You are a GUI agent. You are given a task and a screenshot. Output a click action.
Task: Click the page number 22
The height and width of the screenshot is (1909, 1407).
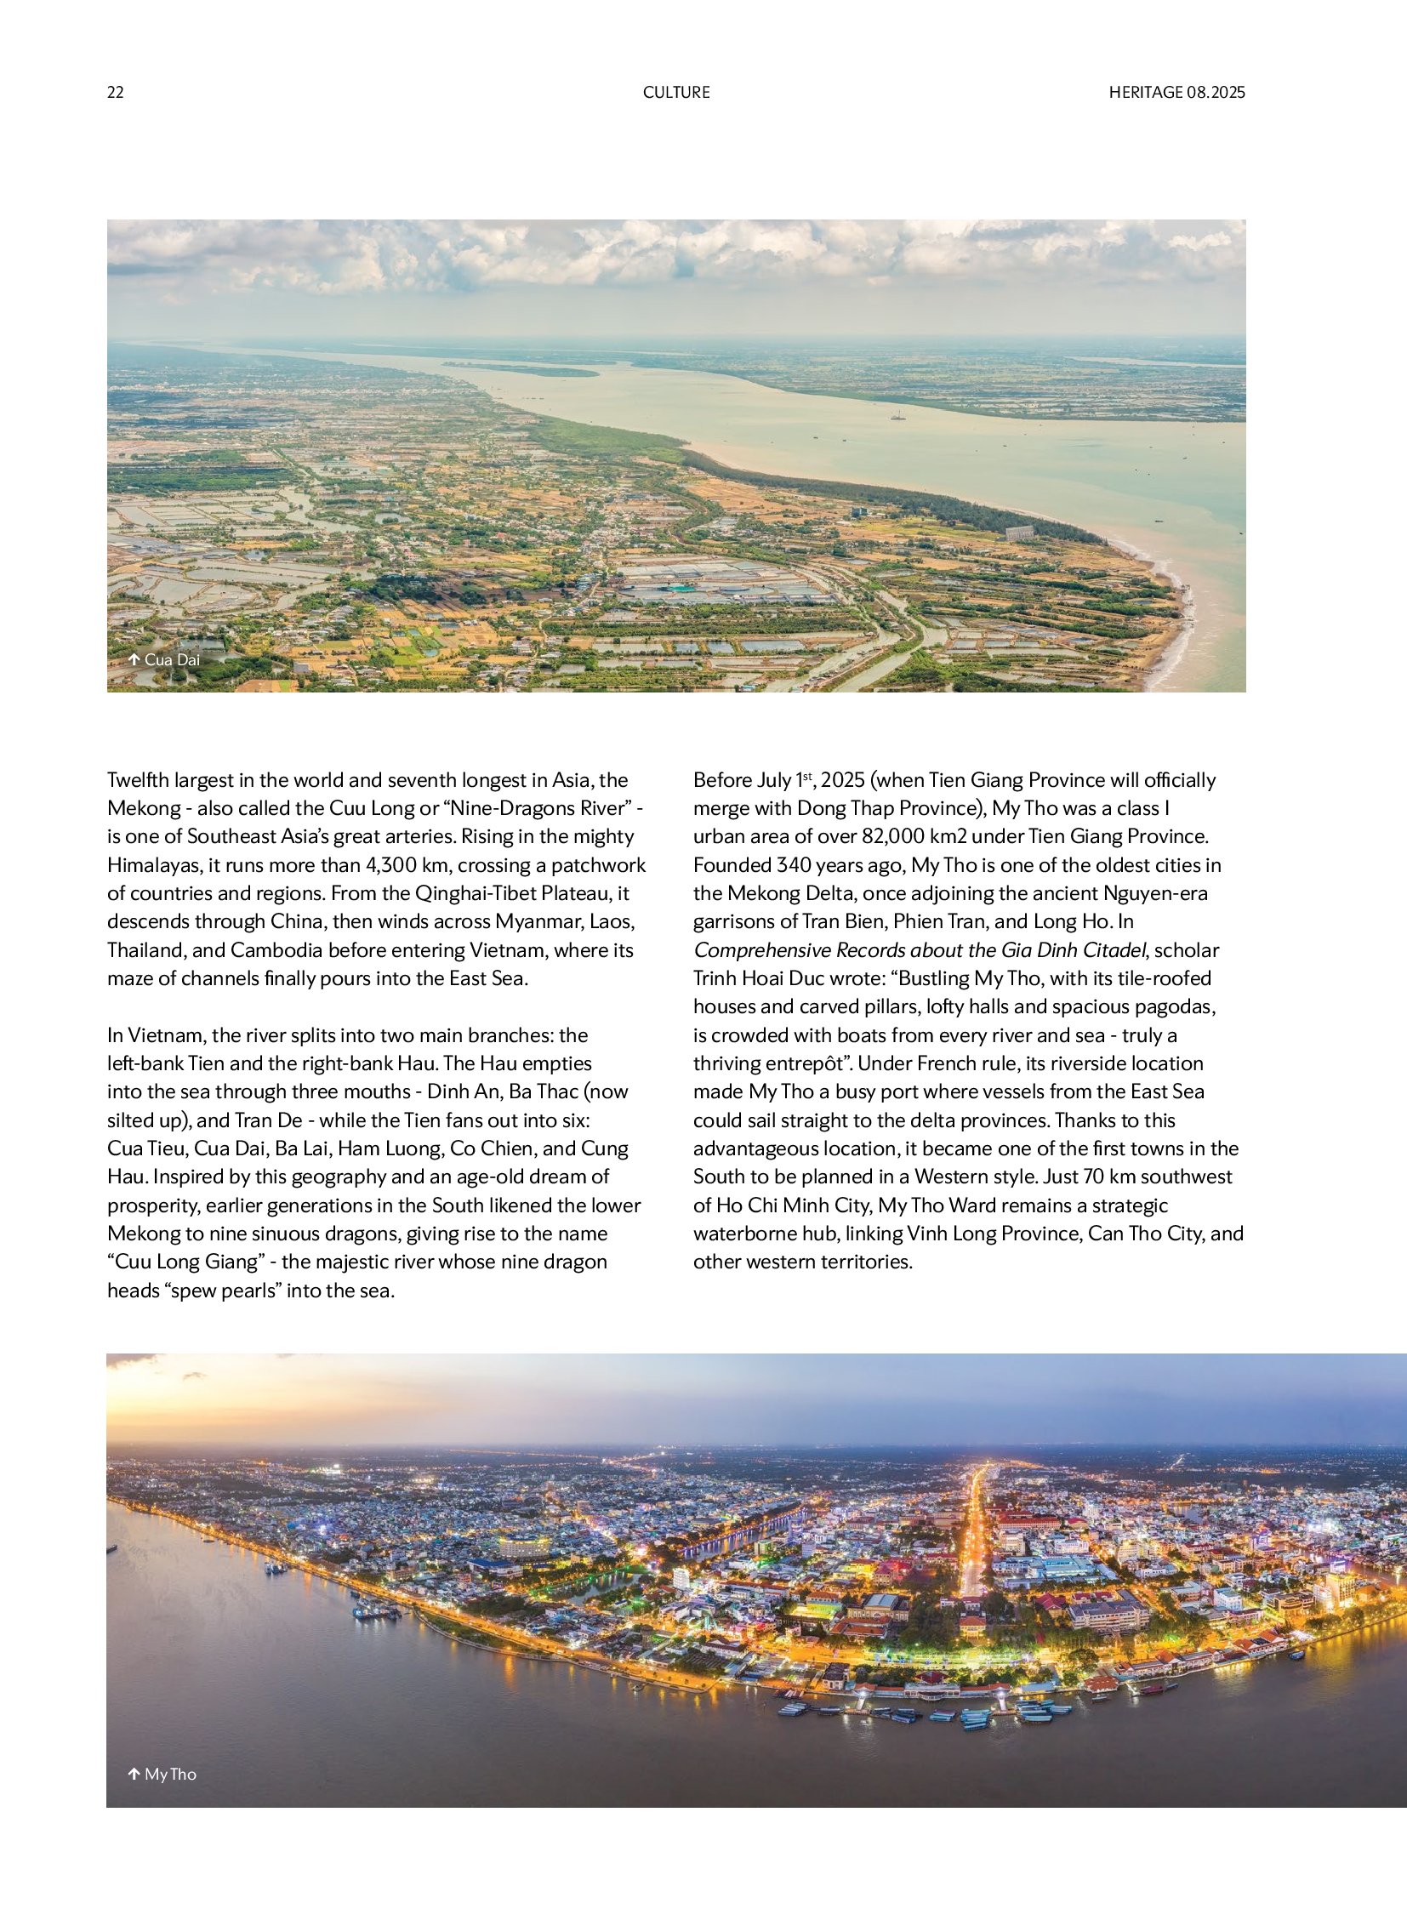pos(115,92)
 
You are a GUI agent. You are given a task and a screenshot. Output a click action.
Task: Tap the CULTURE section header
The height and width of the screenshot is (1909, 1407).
pos(676,92)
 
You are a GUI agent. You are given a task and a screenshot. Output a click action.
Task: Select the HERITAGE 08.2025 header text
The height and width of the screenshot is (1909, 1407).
pos(1176,92)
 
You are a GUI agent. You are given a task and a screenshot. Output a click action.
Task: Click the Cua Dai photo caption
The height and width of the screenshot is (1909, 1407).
pos(172,659)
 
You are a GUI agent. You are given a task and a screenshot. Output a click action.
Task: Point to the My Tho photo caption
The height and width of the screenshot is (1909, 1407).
pos(170,1775)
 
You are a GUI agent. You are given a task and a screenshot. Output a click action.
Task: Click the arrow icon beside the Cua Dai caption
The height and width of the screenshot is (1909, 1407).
pos(134,659)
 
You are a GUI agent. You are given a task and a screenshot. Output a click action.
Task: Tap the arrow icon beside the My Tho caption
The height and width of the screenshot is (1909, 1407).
pos(134,1775)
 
